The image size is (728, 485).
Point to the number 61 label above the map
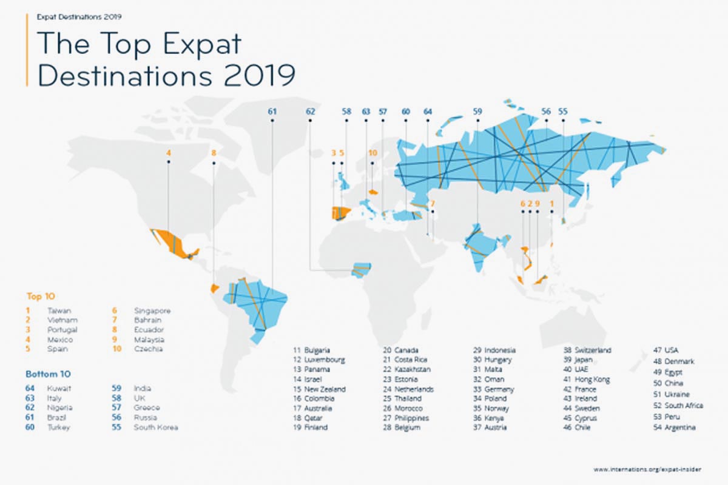click(272, 112)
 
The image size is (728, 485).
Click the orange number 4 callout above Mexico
click(169, 153)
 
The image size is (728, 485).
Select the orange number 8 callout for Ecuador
click(214, 153)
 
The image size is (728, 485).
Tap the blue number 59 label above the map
click(477, 112)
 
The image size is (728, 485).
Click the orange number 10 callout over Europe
click(372, 153)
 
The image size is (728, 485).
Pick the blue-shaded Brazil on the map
click(258, 303)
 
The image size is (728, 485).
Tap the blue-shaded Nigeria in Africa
click(362, 269)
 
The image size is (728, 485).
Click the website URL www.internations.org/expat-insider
click(645, 469)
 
